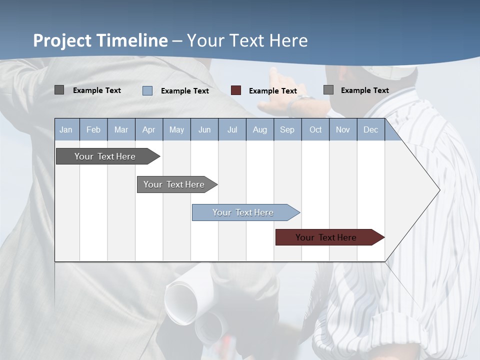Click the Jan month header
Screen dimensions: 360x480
coord(66,129)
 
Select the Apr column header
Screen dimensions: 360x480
coord(148,129)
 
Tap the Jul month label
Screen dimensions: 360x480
coord(232,129)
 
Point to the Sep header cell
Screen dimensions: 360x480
coord(287,129)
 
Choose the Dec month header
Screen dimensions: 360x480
coord(370,129)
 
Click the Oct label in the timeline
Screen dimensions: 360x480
coord(315,129)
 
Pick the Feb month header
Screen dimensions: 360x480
coord(93,129)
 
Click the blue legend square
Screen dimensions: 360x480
coord(147,90)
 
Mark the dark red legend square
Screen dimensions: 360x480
coord(236,90)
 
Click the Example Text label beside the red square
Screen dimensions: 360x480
coord(272,91)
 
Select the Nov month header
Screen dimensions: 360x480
coord(343,129)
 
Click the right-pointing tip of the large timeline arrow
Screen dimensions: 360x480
coord(438,189)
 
